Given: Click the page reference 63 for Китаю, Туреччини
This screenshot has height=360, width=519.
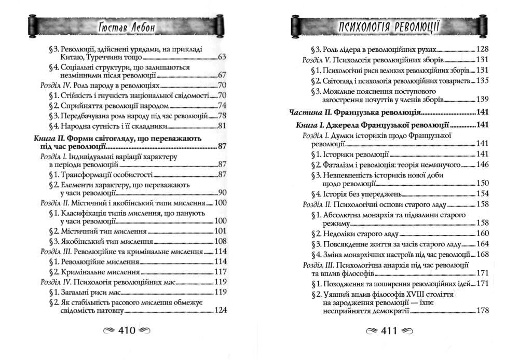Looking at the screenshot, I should [x=223, y=57].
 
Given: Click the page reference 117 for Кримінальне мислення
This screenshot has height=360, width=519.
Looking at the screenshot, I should [x=222, y=271].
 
